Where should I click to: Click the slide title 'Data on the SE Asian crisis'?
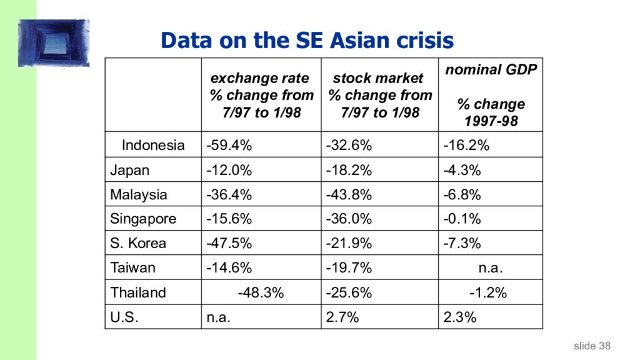click(306, 41)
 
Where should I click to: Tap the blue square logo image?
click(54, 42)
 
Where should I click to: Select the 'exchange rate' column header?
click(261, 95)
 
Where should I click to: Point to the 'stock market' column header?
click(379, 95)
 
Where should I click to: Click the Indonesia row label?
click(153, 146)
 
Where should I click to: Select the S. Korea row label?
click(138, 243)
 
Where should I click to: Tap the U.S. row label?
click(124, 317)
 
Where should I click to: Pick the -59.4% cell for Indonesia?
click(229, 146)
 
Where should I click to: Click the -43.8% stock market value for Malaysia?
click(349, 194)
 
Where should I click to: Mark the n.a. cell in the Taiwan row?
click(491, 268)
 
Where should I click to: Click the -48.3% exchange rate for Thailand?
click(261, 292)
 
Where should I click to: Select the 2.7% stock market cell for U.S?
click(342, 317)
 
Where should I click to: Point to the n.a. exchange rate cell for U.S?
click(219, 317)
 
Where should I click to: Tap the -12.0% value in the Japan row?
click(229, 170)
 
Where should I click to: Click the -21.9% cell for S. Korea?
click(349, 243)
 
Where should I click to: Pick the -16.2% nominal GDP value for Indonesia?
click(466, 146)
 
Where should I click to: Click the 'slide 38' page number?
click(592, 346)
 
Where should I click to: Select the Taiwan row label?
click(132, 268)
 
